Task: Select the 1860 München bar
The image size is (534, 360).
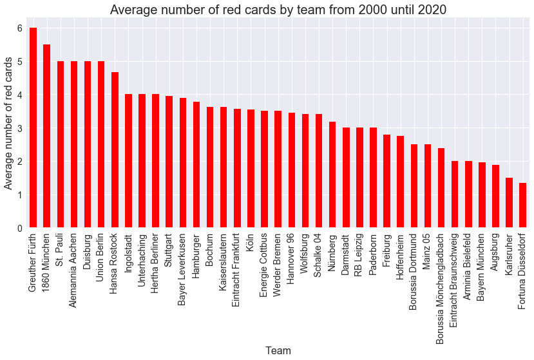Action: pos(46,136)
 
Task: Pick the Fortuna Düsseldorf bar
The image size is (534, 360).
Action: pos(522,205)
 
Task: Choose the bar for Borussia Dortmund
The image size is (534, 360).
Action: pos(414,186)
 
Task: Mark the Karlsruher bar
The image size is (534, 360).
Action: pos(509,203)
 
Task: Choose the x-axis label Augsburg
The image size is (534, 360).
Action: pos(495,254)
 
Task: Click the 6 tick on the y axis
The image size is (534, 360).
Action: pos(19,28)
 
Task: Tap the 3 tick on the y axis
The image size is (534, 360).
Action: pos(19,128)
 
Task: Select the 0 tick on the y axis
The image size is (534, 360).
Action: pos(19,228)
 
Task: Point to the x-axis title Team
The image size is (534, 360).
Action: pos(278,350)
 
